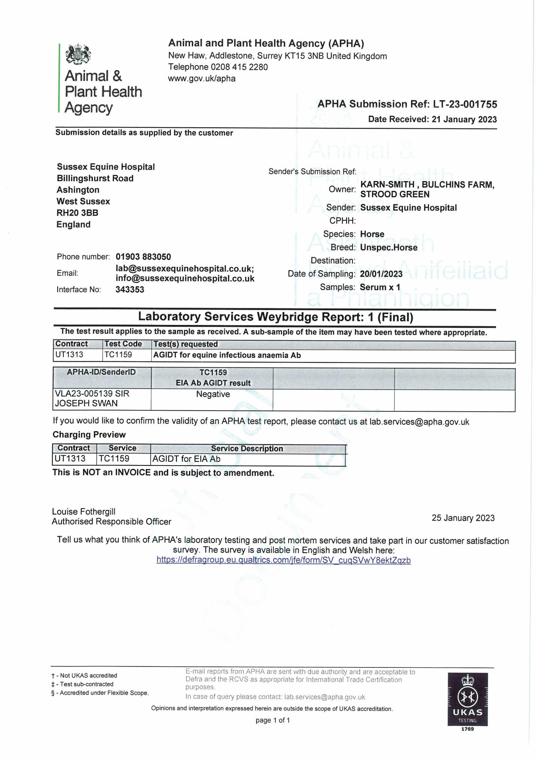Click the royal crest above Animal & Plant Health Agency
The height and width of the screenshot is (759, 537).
78,54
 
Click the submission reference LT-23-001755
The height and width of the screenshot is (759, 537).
465,104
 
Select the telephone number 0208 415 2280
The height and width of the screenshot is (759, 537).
239,67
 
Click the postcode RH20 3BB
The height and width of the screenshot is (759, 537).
77,213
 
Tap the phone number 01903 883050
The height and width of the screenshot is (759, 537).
143,257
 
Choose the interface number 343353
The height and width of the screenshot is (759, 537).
130,290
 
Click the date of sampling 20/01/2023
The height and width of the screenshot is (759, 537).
381,274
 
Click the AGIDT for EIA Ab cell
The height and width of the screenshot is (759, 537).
186,459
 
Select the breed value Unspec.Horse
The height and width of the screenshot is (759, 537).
389,248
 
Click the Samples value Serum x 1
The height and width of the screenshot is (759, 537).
380,287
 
